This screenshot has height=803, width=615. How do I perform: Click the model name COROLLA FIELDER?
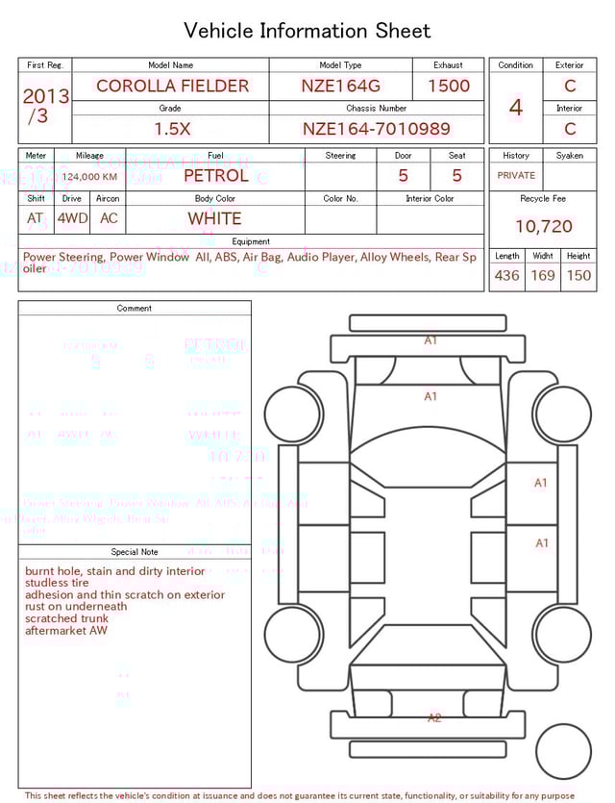coord(172,86)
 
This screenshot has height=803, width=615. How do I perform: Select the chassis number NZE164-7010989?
coord(376,129)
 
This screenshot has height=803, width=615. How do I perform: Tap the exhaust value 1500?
coord(448,86)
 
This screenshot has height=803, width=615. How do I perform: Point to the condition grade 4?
coord(516,108)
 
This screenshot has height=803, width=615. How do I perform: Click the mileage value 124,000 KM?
coord(89,177)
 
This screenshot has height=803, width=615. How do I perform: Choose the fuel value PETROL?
coord(215,175)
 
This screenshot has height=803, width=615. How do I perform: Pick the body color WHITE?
coord(214,218)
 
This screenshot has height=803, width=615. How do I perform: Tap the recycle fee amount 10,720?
coord(543,226)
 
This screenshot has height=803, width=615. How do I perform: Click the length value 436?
coord(506,275)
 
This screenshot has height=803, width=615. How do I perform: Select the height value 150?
coord(578,275)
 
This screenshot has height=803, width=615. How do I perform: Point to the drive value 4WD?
coord(72,218)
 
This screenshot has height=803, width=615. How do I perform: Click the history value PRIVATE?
coord(516,176)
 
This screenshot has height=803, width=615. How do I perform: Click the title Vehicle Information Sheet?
coord(307,31)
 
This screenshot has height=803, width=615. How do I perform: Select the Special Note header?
coord(135,552)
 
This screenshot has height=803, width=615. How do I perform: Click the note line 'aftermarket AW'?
coord(66,631)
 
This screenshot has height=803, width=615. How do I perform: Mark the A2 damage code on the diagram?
coord(434,717)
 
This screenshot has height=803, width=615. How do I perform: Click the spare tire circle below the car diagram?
coord(563,752)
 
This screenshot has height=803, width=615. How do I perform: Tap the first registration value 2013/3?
coord(45,106)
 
